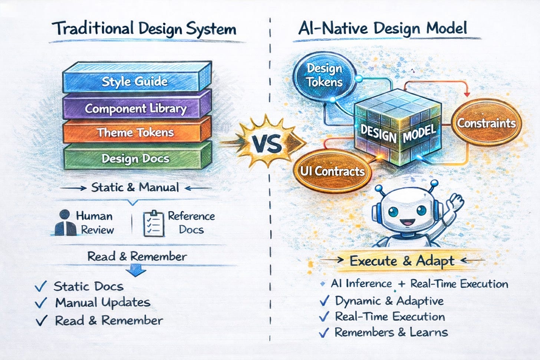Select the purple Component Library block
coord(135,108)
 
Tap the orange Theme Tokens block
coord(135,132)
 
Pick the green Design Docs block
coord(135,159)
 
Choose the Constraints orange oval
coord(486,123)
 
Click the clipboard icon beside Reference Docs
coord(153,224)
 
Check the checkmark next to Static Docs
coord(41,286)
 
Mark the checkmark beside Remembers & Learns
coord(324,333)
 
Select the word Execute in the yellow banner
coord(373,261)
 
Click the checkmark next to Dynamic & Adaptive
coord(325,301)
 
